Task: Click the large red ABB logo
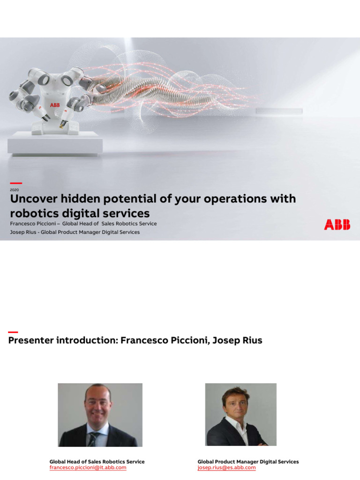tap(337, 225)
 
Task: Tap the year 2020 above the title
tap(14, 190)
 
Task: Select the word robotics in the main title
tap(32, 214)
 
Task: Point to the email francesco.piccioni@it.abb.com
tap(88, 468)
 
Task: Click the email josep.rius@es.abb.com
tap(226, 468)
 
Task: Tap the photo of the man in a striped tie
tap(100, 414)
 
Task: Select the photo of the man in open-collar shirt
tap(240, 414)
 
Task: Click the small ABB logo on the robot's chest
tap(55, 105)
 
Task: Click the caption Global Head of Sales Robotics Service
tap(97, 462)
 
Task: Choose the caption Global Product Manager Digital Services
tap(248, 462)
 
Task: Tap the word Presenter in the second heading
tap(30, 340)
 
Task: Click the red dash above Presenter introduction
tap(13, 332)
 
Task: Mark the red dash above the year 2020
tap(15, 183)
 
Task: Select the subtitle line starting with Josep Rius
tap(75, 232)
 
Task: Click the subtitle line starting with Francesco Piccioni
tap(83, 224)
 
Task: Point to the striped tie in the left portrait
tap(94, 439)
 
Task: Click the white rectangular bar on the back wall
tap(279, 111)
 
